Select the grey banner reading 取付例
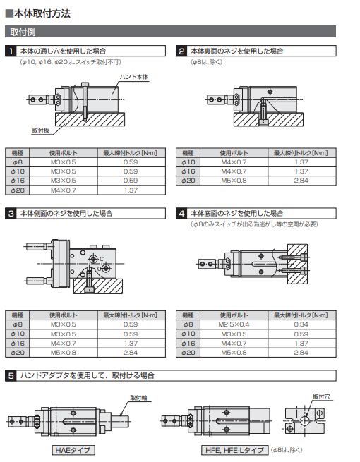[x=170, y=32]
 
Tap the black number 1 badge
[x=11, y=51]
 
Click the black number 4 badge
[x=181, y=213]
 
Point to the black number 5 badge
[x=11, y=376]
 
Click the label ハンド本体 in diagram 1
[x=134, y=77]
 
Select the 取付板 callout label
[x=40, y=130]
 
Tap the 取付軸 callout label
[x=138, y=398]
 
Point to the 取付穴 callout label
[x=321, y=396]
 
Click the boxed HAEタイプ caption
[x=73, y=450]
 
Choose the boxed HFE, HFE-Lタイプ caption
[x=234, y=450]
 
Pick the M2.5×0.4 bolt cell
[x=234, y=324]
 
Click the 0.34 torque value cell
[x=301, y=324]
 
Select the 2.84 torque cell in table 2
[x=301, y=181]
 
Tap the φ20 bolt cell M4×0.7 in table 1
[x=64, y=190]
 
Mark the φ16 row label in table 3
[x=18, y=344]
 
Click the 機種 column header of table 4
[x=188, y=315]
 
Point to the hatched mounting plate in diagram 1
[x=90, y=119]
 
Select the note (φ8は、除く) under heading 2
[x=206, y=62]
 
